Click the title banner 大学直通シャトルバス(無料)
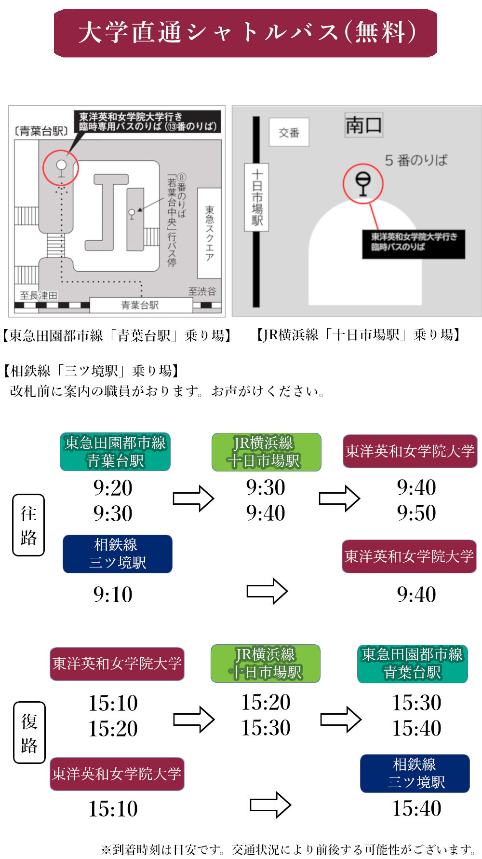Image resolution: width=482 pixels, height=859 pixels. coord(245,33)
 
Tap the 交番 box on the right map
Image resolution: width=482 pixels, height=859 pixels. coord(289,132)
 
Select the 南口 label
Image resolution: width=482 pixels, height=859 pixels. coord(363,125)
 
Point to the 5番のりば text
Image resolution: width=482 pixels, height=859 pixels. coord(416,160)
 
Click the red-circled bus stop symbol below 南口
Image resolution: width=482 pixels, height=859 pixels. coord(363,184)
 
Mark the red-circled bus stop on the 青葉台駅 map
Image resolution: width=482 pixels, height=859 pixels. coord(61,167)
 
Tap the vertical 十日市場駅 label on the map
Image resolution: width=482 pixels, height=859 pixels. coord(257,197)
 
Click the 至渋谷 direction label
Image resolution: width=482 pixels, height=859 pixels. coord(202,291)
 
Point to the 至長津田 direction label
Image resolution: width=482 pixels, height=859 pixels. coord(39,295)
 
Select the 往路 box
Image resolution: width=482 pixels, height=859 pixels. coord(28,525)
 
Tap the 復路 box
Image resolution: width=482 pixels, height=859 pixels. coord(29,733)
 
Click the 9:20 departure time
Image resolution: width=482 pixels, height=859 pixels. coord(113,488)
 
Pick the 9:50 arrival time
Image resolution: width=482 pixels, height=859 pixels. coord(416,513)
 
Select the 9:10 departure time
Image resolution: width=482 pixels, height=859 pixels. coord(113,595)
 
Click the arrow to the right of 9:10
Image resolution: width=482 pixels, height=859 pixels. coord(267,591)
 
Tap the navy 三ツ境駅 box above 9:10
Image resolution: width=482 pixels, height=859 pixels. coord(117,554)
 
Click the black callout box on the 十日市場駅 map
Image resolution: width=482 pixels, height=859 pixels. coord(414,244)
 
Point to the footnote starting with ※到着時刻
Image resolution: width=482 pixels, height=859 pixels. coord(288,849)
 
